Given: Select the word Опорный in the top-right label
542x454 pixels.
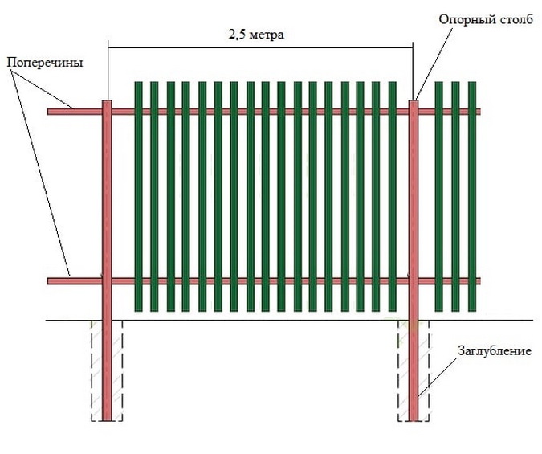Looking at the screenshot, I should pyautogui.click(x=463, y=18).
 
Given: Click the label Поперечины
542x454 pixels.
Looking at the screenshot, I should pyautogui.click(x=45, y=61).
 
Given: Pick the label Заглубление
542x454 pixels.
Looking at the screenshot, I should pyautogui.click(x=494, y=350).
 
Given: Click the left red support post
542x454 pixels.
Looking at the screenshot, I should pyautogui.click(x=106, y=201).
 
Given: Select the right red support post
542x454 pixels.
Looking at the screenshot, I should pyautogui.click(x=414, y=201).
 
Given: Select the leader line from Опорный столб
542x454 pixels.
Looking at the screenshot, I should pyautogui.click(x=433, y=64).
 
